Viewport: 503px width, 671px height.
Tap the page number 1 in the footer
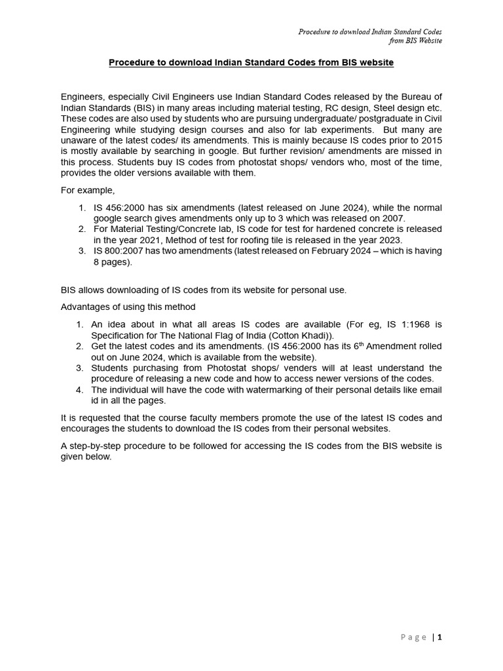tap(440, 637)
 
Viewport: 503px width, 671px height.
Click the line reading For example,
tap(88, 191)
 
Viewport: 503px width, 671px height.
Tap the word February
tap(327, 251)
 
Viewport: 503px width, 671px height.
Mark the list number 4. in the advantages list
tap(79, 389)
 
